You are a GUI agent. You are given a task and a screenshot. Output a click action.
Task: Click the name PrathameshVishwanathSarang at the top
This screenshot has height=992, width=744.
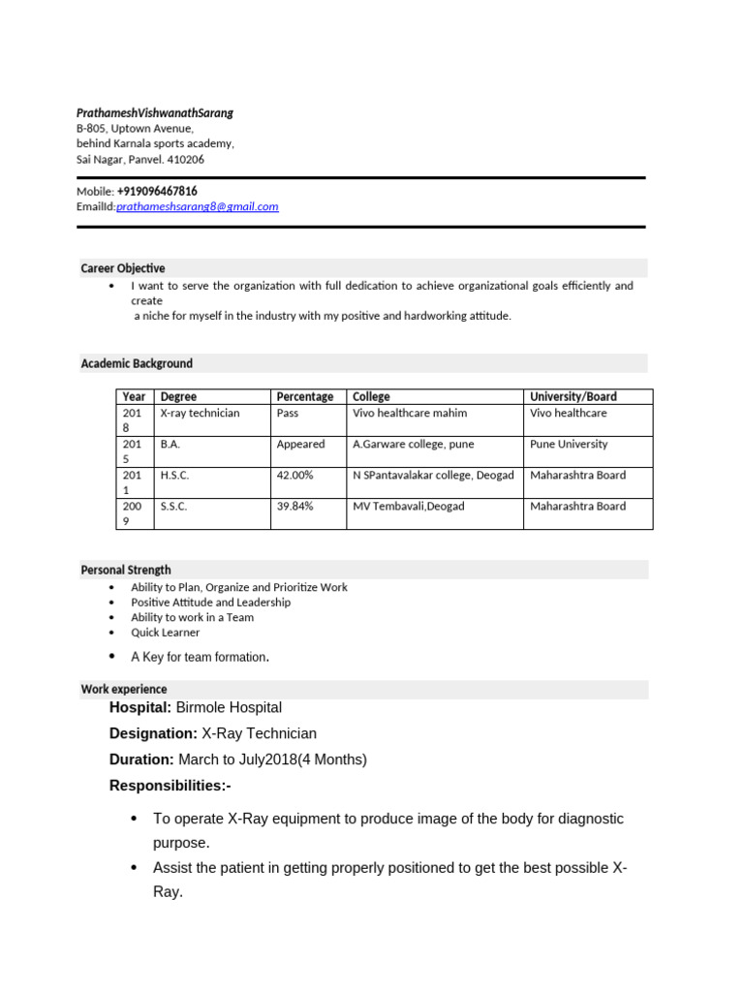[x=155, y=113]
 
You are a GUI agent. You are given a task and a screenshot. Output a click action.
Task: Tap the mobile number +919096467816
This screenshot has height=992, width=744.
[x=157, y=192]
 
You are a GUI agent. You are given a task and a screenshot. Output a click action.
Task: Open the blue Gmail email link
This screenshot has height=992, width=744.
[x=198, y=206]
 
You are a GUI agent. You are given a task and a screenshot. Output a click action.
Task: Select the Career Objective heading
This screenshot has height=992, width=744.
[x=123, y=268]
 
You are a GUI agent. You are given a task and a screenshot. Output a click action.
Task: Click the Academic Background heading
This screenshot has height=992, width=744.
[x=137, y=363]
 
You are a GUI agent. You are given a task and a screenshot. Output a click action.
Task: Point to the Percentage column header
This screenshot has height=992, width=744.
[x=305, y=396]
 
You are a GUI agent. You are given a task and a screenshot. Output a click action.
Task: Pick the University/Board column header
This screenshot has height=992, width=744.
[x=573, y=396]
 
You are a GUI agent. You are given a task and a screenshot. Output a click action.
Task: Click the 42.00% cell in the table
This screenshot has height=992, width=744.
[x=295, y=476]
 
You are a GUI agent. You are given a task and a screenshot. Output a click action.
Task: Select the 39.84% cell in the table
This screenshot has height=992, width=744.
[x=295, y=507]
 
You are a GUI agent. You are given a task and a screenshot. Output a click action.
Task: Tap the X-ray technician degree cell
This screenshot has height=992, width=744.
[x=200, y=414]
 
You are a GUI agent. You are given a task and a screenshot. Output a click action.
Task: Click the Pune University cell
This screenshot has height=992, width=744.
[x=569, y=445]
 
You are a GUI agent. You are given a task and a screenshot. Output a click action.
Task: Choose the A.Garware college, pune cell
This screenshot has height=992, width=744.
[x=410, y=445]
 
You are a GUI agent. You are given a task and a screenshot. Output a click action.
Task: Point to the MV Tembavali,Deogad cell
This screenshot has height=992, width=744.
[x=408, y=507]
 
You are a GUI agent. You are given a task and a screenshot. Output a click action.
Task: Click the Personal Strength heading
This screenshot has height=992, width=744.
[x=126, y=571]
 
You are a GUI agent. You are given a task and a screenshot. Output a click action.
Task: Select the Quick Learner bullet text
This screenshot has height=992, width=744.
[x=166, y=633]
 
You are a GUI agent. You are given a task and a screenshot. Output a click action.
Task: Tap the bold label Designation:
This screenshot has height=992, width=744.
[x=153, y=733]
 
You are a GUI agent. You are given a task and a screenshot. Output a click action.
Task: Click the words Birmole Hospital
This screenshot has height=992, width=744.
[x=229, y=708]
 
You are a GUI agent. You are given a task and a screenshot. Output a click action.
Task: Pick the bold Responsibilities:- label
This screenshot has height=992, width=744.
[x=170, y=785]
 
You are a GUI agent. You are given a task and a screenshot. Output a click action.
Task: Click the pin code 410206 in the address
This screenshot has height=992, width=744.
[x=186, y=160]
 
